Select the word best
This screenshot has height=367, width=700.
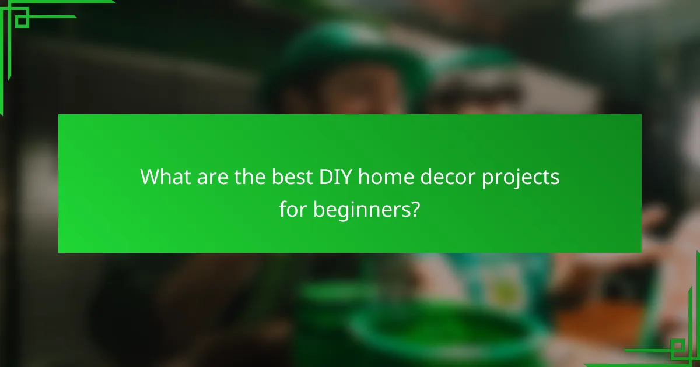pos(288,177)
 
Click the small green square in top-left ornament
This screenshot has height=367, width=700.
pos(22,21)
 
